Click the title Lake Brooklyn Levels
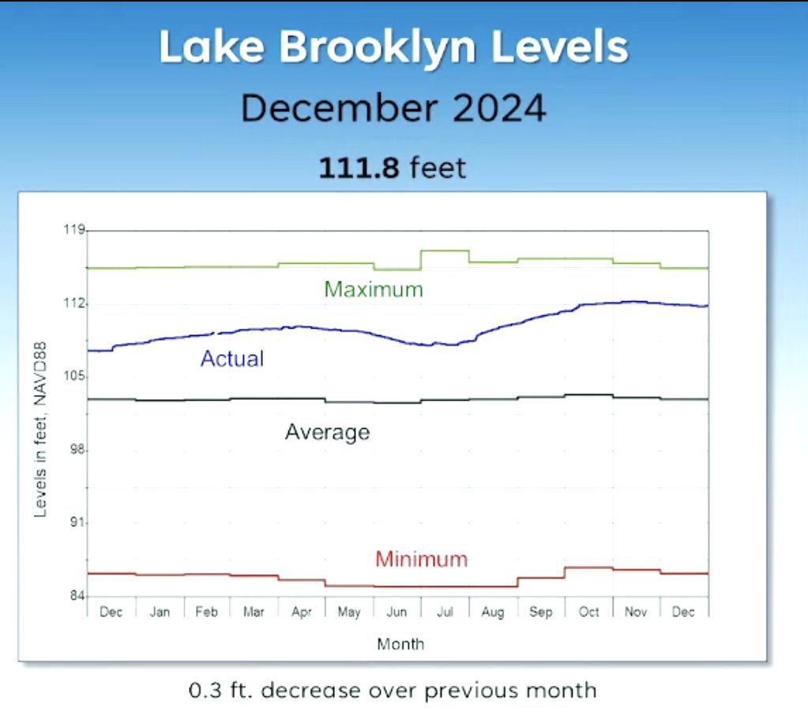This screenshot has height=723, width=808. [x=393, y=47]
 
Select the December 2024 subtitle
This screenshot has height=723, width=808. [x=393, y=107]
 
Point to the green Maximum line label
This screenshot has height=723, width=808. [x=374, y=289]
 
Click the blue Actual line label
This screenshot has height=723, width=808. [x=232, y=359]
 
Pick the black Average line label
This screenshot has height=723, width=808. [x=327, y=432]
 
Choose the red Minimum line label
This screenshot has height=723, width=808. [x=421, y=559]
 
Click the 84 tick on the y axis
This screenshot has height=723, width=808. [x=76, y=597]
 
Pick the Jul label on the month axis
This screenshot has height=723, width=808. [x=445, y=612]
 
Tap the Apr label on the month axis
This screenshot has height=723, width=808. [x=302, y=612]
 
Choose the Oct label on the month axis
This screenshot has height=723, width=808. [x=588, y=612]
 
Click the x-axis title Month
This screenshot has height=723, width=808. [x=400, y=644]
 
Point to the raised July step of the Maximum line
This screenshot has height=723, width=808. [x=445, y=250]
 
